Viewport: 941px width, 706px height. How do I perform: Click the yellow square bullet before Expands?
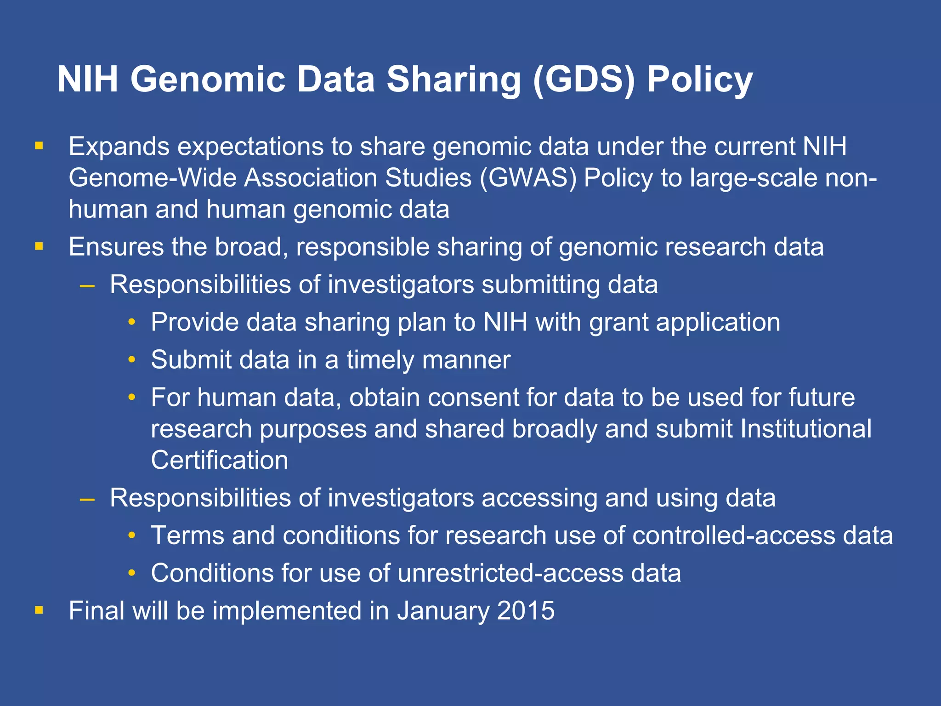tap(39, 147)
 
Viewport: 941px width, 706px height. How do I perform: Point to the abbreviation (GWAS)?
tap(528, 178)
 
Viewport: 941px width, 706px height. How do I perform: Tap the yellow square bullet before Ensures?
tap(39, 247)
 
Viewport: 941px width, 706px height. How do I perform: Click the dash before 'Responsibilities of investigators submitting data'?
tap(87, 285)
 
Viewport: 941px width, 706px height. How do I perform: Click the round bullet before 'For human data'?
tap(132, 397)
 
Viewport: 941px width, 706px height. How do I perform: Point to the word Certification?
tap(219, 460)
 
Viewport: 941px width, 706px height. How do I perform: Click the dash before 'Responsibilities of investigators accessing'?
tap(87, 499)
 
